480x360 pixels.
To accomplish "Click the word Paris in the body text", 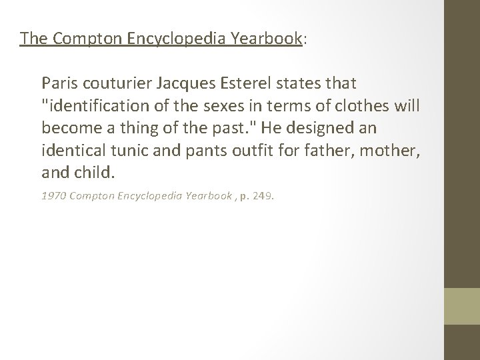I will tap(57, 84).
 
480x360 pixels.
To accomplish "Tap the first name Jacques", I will tap(178, 84).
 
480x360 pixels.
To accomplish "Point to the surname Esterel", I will tap(239, 84).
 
